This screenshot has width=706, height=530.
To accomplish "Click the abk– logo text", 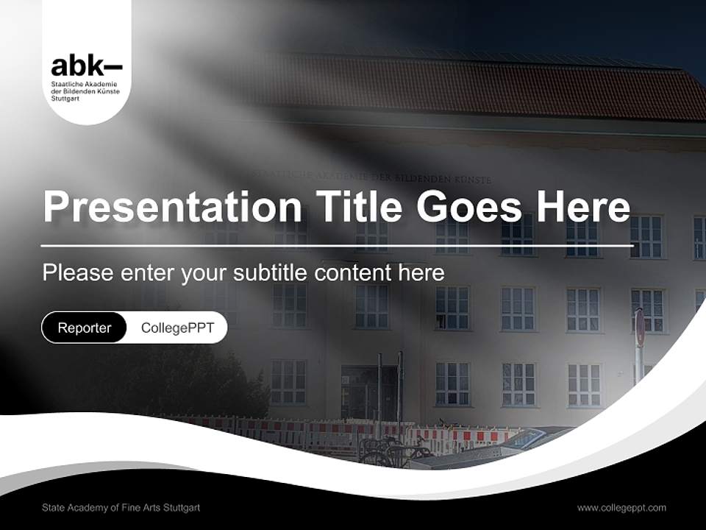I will (x=86, y=66).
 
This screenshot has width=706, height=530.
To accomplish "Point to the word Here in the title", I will (x=583, y=207).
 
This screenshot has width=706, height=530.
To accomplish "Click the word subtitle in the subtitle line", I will (x=271, y=272).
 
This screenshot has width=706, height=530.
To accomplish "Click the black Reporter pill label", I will (x=84, y=328).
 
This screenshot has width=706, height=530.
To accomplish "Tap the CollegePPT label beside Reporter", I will (x=177, y=328).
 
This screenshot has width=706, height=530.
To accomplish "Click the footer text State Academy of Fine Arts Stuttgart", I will (x=121, y=508).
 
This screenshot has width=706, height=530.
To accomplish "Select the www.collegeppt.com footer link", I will (x=621, y=508).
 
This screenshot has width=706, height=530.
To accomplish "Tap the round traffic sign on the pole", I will (x=640, y=328).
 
